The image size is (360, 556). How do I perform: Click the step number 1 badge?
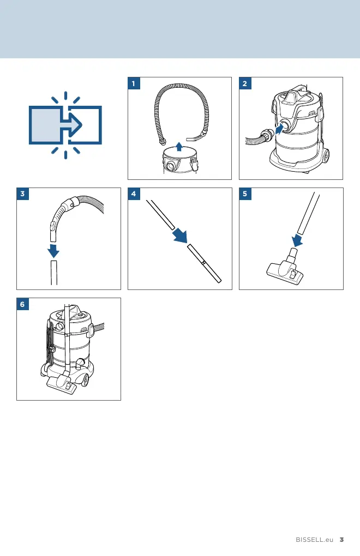pos(134,83)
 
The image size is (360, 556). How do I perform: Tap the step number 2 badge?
pos(245,83)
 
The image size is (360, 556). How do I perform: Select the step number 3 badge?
pos(23,194)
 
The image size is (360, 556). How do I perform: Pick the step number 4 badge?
pos(134,194)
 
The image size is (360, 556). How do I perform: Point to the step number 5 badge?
pos(245,194)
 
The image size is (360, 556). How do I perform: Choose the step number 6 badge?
pos(23,304)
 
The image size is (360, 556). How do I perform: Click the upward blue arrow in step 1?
pos(179,147)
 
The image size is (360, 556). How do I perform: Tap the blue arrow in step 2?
pos(280,129)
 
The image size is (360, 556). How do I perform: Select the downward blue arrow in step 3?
pos(53,250)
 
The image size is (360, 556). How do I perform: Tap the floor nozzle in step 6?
pos(62,385)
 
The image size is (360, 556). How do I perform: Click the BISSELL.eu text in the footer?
pos(315,540)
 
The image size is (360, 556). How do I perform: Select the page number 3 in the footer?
pos(341,540)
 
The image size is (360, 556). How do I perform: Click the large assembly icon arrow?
pos(73,125)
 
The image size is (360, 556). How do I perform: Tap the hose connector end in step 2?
pos(266,136)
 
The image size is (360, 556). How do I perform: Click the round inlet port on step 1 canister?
pos(172,166)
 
